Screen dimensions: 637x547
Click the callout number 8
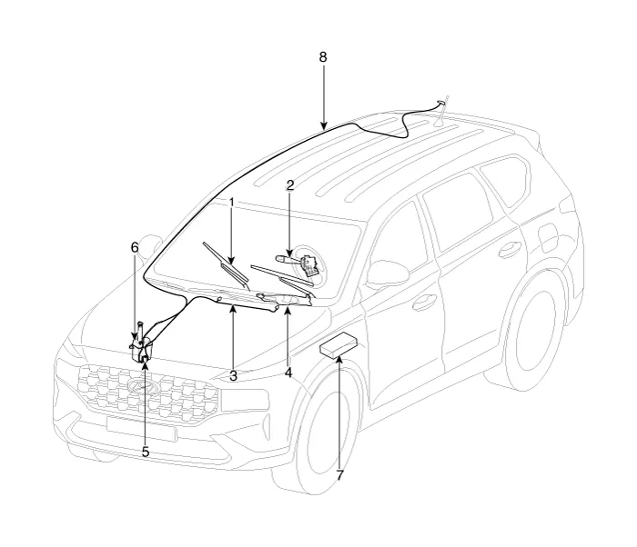tap(322, 57)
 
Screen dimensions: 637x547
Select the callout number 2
tap(289, 186)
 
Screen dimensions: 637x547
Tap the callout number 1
tap(231, 202)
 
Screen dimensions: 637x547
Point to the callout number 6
tap(135, 247)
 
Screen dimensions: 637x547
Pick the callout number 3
tap(233, 376)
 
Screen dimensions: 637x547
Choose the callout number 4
tap(288, 373)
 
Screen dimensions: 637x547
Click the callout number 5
tap(146, 452)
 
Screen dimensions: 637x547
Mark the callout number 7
tap(339, 475)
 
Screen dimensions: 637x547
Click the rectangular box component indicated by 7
tap(339, 345)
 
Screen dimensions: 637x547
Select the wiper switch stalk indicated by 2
tap(298, 263)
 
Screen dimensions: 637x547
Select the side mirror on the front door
tap(387, 273)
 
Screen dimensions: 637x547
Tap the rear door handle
tap(511, 250)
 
